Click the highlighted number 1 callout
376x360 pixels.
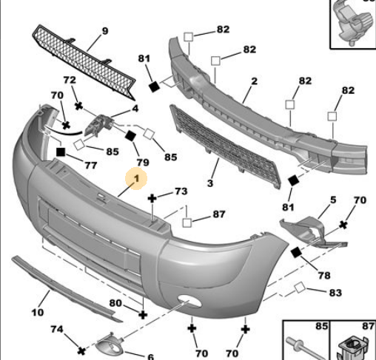136,178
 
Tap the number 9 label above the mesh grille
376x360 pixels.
105,31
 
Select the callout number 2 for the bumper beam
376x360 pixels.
255,81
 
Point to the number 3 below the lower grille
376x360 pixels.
210,183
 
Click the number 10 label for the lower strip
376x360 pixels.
38,313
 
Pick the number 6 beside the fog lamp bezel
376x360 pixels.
151,356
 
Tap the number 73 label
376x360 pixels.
181,191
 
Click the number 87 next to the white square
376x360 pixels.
219,214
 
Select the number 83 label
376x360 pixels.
335,293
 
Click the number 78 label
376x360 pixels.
324,276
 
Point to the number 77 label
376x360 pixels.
91,166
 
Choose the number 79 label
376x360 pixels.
143,163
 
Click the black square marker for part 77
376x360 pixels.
61,152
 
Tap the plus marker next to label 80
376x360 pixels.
143,315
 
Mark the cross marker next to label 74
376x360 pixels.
81,351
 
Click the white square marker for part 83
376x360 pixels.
300,288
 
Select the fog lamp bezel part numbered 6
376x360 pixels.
110,344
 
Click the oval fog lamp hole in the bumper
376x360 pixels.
189,301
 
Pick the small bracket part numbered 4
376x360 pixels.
98,125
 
